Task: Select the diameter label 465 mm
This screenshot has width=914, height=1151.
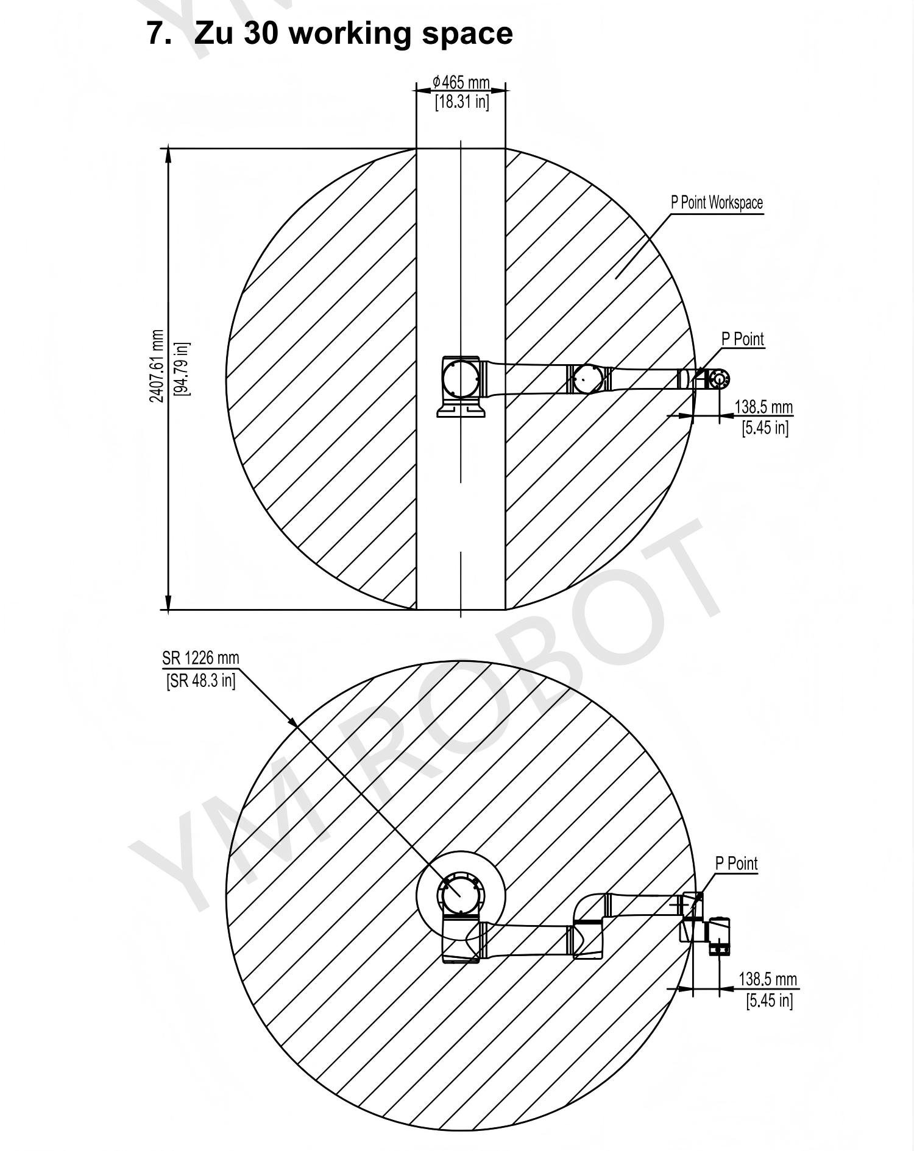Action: [461, 82]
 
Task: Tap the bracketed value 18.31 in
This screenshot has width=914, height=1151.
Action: [462, 102]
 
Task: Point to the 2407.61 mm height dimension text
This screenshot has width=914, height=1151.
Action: [157, 366]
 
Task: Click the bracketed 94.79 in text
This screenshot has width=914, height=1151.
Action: [182, 368]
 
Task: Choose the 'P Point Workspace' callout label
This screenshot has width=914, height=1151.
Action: [717, 203]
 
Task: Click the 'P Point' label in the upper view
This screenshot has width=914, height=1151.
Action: [743, 339]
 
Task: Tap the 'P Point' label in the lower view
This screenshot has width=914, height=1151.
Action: [736, 864]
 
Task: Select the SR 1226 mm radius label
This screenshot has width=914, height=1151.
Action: [200, 658]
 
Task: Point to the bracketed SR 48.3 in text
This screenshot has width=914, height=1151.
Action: [200, 680]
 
